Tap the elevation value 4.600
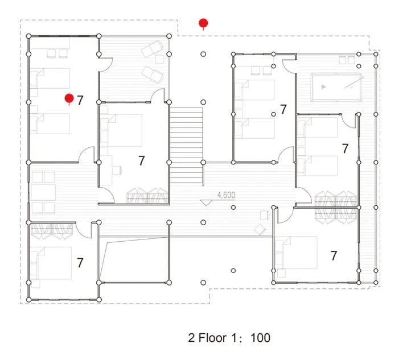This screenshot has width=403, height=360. pyautogui.click(x=226, y=195)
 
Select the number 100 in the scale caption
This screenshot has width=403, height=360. pyautogui.click(x=260, y=337)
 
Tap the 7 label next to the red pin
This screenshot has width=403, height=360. pyautogui.click(x=80, y=101)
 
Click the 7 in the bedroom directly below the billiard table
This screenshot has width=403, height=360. pyautogui.click(x=344, y=148)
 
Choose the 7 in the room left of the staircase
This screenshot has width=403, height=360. pyautogui.click(x=142, y=161)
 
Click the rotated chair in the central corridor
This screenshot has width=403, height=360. pyautogui.click(x=259, y=229)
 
